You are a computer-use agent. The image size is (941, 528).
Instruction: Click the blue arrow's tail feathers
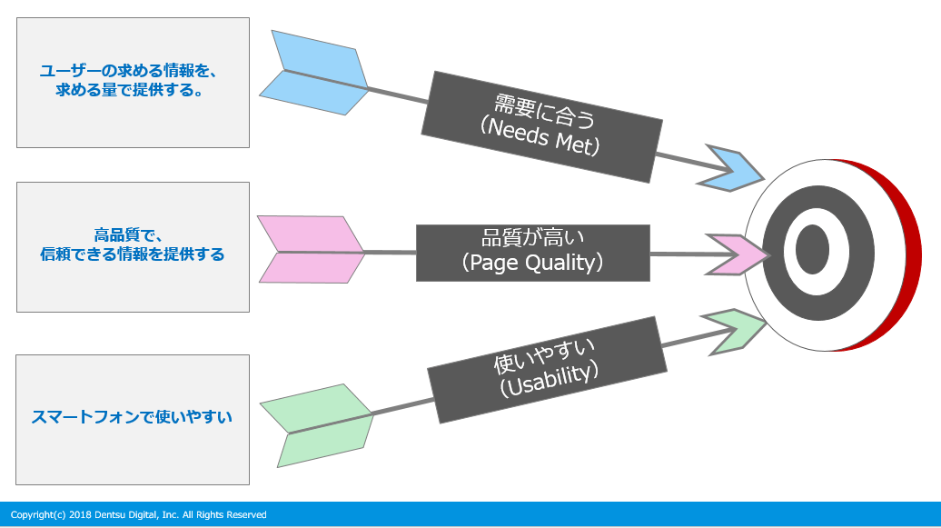tap(314, 73)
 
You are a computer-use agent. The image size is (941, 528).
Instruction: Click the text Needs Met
tap(540, 138)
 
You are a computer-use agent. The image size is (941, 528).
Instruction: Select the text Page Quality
tap(532, 264)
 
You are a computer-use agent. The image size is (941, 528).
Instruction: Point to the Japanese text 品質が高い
tap(532, 238)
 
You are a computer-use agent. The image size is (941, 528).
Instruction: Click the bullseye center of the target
tap(812, 250)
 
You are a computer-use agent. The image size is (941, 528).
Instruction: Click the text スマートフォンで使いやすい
tap(133, 417)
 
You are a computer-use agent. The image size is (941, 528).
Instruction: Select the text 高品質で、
tap(133, 234)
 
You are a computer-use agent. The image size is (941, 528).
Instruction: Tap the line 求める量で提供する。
tap(133, 90)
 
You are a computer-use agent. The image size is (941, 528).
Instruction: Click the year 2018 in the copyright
tap(77, 515)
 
